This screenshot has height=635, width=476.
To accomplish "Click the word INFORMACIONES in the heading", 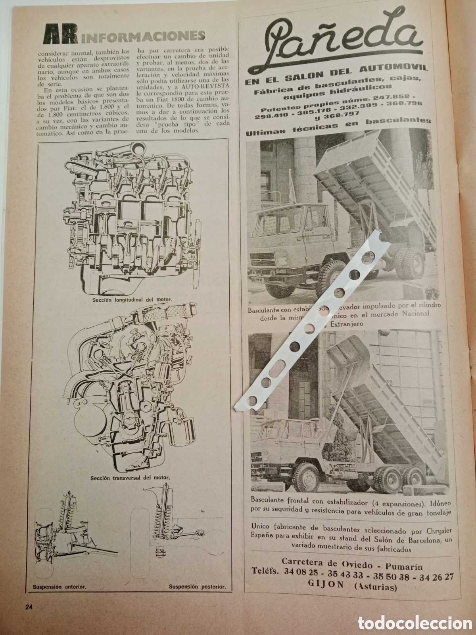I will point(145,37).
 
